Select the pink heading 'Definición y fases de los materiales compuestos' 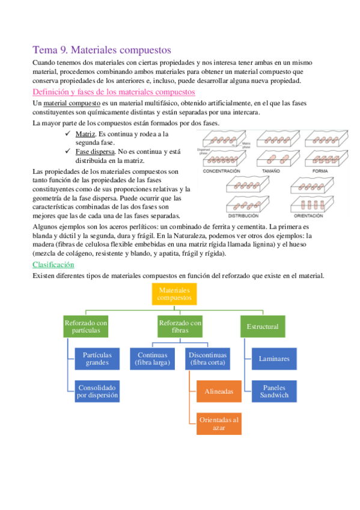pyautogui.click(x=114, y=92)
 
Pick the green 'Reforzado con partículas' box pyautogui.click(x=86, y=327)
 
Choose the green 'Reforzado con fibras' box pyautogui.click(x=180, y=327)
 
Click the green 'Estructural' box pyautogui.click(x=263, y=327)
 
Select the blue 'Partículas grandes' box pyautogui.click(x=97, y=358)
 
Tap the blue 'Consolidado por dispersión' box pyautogui.click(x=97, y=391)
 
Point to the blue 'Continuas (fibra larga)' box pyautogui.click(x=151, y=358)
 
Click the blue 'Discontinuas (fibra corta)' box pyautogui.click(x=206, y=358)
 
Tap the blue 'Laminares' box pyautogui.click(x=274, y=358)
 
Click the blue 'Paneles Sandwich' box pyautogui.click(x=274, y=391)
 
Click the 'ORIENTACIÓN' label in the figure pyautogui.click(x=312, y=215)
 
